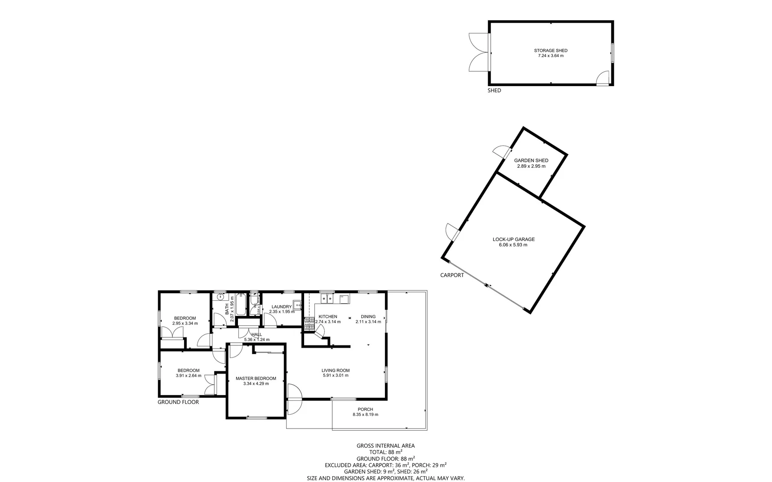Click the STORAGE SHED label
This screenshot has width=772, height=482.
(551, 50)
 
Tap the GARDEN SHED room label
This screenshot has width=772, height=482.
(531, 161)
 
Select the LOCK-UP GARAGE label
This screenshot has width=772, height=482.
(513, 239)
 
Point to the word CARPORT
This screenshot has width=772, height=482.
(452, 275)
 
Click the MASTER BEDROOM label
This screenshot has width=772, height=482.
(256, 378)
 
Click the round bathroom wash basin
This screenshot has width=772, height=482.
(221, 297)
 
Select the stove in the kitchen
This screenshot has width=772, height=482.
(309, 324)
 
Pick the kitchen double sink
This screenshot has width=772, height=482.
(327, 298)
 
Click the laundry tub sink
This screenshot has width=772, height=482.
(297, 305)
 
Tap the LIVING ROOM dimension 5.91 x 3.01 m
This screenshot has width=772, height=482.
(335, 375)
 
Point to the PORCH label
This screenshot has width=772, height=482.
(365, 409)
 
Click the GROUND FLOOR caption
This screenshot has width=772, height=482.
(178, 402)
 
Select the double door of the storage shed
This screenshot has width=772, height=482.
(479, 52)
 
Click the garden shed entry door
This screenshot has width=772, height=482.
(500, 152)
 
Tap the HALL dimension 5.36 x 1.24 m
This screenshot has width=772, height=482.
(257, 340)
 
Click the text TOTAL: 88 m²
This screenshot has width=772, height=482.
(385, 452)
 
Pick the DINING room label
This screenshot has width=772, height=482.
(368, 316)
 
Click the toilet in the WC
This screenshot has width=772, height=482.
(255, 303)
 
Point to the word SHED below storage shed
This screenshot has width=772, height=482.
(494, 90)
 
